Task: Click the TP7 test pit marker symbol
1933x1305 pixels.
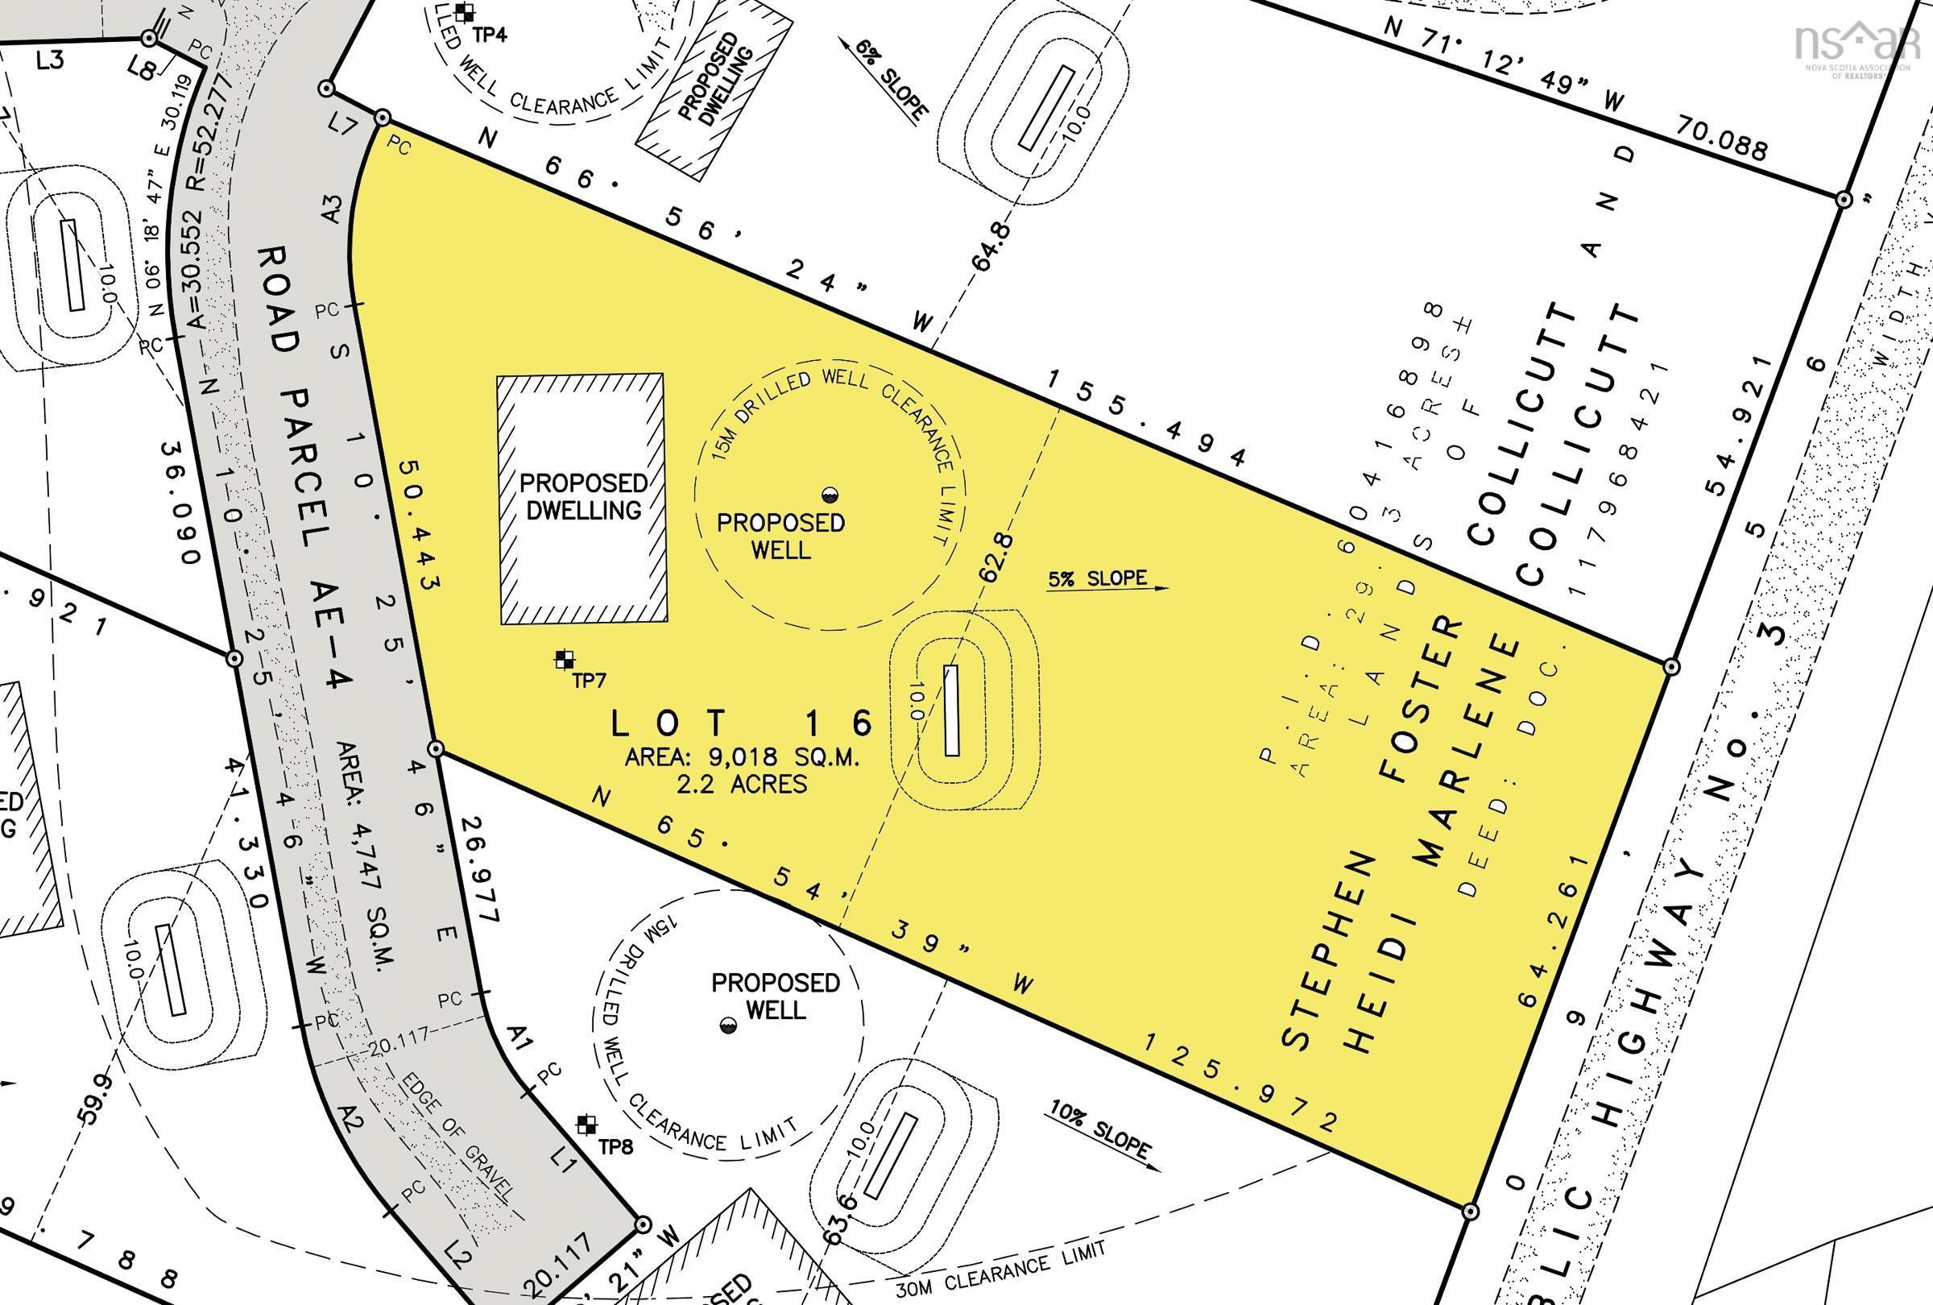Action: coord(565,660)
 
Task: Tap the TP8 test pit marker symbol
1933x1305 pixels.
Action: coord(587,1125)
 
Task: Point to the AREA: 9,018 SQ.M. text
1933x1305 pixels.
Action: coord(743,758)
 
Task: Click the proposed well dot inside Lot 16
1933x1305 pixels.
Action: coord(829,495)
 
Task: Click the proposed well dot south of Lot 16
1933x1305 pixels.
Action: coord(728,1025)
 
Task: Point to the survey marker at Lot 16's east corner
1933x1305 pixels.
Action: coord(1671,667)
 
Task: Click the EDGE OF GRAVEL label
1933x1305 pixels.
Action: coord(457,1145)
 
